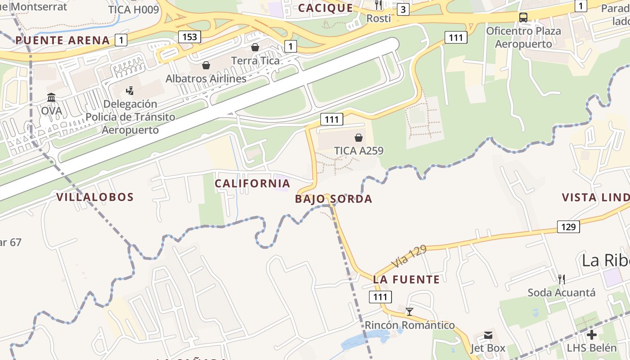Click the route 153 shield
(189, 37)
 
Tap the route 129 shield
(568, 227)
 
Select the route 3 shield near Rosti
(403, 9)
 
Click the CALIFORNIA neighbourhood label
(252, 184)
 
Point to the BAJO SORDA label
(333, 199)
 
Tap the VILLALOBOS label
(95, 197)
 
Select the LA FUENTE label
(406, 279)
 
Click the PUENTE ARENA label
(63, 40)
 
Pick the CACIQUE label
(325, 8)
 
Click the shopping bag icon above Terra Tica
(255, 47)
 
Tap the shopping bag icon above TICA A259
(359, 137)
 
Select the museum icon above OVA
(51, 98)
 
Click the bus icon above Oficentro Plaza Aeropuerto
(523, 18)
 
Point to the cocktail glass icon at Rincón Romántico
(409, 311)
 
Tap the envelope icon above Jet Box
(488, 335)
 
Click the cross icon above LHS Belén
(592, 335)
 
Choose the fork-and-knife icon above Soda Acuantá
(561, 279)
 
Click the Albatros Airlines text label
(206, 79)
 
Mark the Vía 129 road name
(409, 256)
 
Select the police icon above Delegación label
(130, 91)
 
